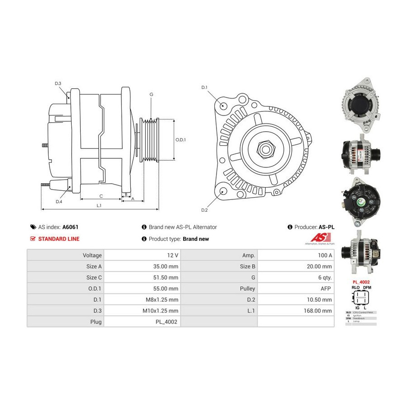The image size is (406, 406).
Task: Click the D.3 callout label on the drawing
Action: [x=58, y=83]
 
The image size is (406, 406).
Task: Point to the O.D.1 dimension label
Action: [x=180, y=140]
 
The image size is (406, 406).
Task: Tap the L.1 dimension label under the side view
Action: [x=99, y=206]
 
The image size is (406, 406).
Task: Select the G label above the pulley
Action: [x=152, y=94]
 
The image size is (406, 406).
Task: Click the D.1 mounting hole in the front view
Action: [x=224, y=106]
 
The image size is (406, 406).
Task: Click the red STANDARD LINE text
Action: [x=59, y=239]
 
